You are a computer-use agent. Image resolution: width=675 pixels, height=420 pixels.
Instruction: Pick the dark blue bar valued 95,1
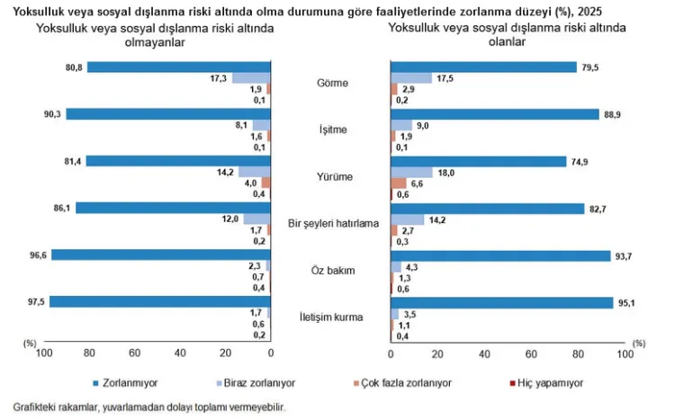(x=501, y=302)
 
